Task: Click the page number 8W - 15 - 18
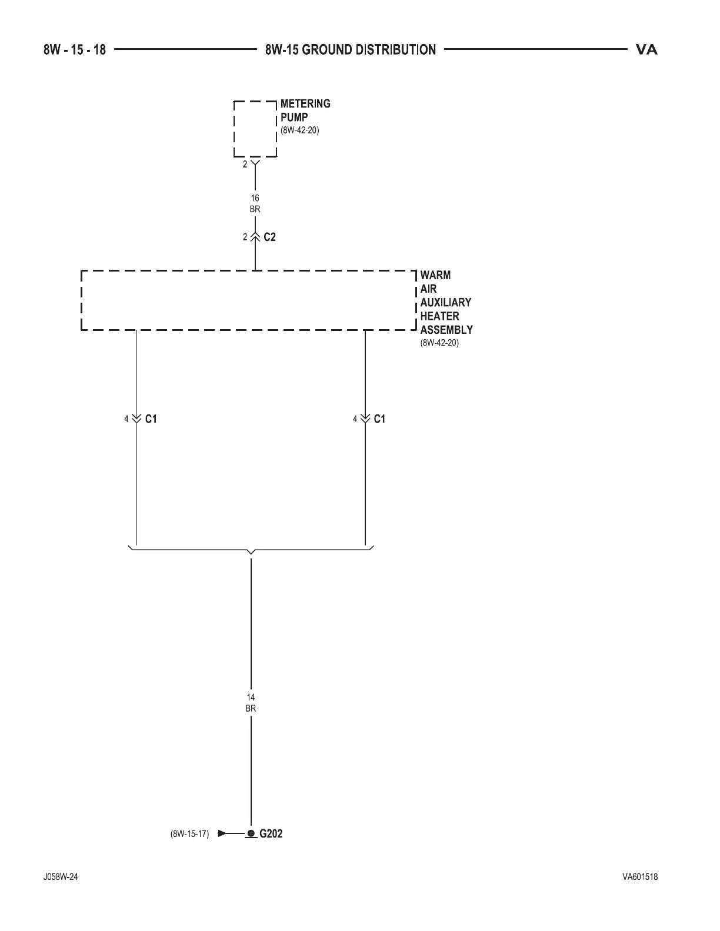(74, 50)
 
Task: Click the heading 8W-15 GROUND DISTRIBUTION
(351, 50)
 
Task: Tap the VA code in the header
(646, 50)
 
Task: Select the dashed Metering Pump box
(255, 129)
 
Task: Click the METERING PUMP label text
(305, 110)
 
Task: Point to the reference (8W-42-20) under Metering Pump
(299, 130)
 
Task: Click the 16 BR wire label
(255, 203)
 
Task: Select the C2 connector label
(269, 237)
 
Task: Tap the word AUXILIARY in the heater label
(445, 303)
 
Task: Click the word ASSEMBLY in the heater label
(446, 330)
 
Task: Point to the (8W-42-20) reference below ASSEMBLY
(439, 343)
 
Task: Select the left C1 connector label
(151, 419)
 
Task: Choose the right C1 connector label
(379, 419)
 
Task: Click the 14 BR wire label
(251, 703)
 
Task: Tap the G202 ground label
(271, 833)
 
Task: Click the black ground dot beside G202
(251, 833)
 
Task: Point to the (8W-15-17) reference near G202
(189, 834)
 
